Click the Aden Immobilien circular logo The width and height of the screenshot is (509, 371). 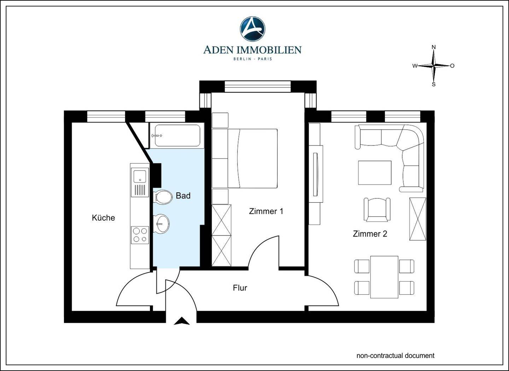click(252, 29)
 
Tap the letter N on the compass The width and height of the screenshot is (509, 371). click(434, 47)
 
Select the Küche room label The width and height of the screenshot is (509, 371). click(103, 217)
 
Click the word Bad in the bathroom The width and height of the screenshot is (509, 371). click(183, 196)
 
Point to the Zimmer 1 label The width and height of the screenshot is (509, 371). click(266, 211)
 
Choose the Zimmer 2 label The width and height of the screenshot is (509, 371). click(370, 234)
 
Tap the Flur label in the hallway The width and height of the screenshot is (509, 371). click(240, 288)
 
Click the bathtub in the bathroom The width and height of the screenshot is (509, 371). click(177, 136)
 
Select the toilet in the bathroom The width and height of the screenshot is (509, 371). click(163, 197)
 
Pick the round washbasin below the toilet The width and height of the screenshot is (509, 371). click(161, 224)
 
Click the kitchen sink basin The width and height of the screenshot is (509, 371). click(140, 176)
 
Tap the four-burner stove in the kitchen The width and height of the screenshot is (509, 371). click(140, 235)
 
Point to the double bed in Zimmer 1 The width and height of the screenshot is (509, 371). click(252, 158)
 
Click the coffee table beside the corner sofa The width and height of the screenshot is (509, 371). click(375, 173)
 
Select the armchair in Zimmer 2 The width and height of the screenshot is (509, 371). click(377, 209)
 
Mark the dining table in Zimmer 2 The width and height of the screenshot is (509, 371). click(384, 277)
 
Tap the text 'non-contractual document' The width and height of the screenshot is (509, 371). click(396, 355)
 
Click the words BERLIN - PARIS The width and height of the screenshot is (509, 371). click(252, 59)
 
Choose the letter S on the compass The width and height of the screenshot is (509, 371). click(434, 84)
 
